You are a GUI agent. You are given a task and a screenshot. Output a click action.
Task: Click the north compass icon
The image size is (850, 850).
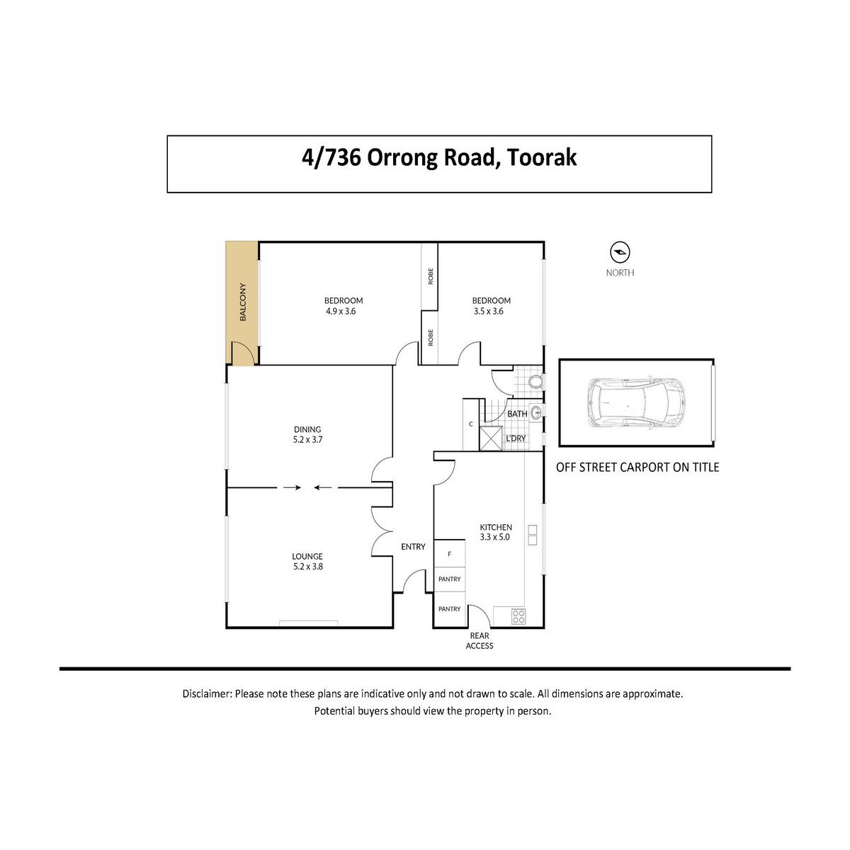[620, 252]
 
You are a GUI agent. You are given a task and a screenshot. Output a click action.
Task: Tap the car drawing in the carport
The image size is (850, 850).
[635, 402]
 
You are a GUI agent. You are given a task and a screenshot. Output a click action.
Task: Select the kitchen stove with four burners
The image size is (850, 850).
[518, 616]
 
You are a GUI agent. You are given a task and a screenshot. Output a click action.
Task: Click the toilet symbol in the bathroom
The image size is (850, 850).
[537, 382]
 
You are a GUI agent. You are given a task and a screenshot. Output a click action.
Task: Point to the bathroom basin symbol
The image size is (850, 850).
[536, 413]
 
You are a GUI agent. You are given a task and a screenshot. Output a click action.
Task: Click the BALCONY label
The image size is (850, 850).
[243, 302]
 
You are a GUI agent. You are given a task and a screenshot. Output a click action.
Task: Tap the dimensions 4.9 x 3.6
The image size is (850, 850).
[341, 312]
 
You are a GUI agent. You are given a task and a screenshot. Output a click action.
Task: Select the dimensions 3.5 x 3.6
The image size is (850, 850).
[488, 312]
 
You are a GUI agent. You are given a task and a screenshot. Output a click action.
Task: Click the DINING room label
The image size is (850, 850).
[307, 429]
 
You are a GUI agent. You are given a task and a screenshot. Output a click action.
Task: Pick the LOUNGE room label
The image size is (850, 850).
[307, 557]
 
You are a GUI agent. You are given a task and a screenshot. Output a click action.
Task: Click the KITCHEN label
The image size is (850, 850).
[496, 527]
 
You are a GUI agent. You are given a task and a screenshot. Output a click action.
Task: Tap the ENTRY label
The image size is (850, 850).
[413, 547]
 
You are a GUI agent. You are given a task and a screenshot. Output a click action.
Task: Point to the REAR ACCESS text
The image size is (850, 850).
[480, 640]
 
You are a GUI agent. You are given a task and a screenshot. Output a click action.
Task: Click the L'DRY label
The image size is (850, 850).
[516, 438]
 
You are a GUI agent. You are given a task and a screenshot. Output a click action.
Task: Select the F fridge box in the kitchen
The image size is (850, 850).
[450, 554]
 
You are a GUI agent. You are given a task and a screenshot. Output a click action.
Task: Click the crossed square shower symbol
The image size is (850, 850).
[491, 438]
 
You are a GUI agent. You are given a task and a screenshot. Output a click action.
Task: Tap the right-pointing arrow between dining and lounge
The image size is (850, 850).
[292, 487]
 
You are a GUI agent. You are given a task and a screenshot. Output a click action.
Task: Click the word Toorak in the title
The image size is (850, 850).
[542, 157]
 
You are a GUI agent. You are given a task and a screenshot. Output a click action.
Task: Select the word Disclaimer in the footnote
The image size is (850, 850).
[207, 694]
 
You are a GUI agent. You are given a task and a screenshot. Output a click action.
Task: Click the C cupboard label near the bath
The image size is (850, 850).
[471, 424]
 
